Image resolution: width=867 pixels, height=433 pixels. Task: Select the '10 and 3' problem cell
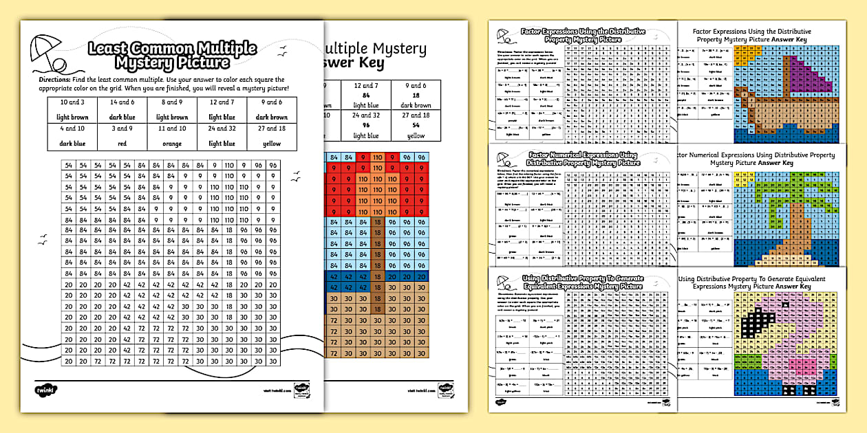click(x=72, y=102)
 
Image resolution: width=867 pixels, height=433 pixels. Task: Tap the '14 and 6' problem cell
click(x=122, y=102)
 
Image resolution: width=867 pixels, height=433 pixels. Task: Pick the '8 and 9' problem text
click(x=172, y=102)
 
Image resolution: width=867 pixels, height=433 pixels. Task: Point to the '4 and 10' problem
click(x=72, y=129)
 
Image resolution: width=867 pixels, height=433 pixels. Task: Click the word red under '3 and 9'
click(x=122, y=144)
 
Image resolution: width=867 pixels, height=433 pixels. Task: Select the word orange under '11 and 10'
click(x=172, y=144)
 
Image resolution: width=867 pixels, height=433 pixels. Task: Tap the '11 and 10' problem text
click(x=172, y=129)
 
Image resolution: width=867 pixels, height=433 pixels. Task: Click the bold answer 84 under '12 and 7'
click(x=366, y=95)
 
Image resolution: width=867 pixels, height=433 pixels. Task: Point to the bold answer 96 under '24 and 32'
click(x=366, y=126)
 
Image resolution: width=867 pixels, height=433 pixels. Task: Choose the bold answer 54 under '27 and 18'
click(x=416, y=126)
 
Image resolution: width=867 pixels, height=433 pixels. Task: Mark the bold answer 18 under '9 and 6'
click(x=416, y=95)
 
